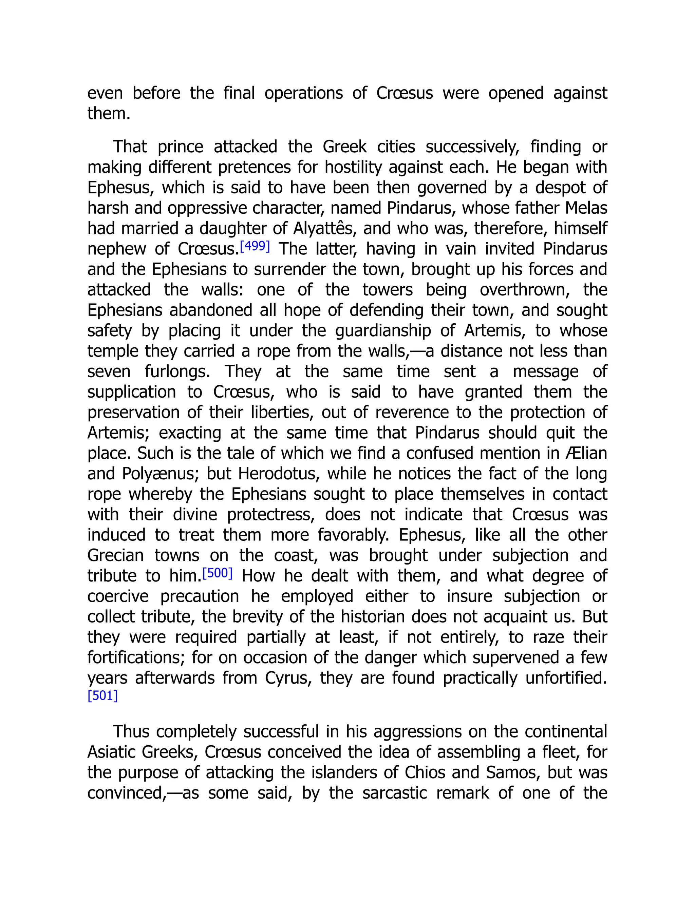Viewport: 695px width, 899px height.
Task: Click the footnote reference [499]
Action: [255, 246]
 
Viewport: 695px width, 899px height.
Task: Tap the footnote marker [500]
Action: [218, 573]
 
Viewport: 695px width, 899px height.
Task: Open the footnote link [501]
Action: [102, 696]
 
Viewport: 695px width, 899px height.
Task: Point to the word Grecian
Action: [115, 556]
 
